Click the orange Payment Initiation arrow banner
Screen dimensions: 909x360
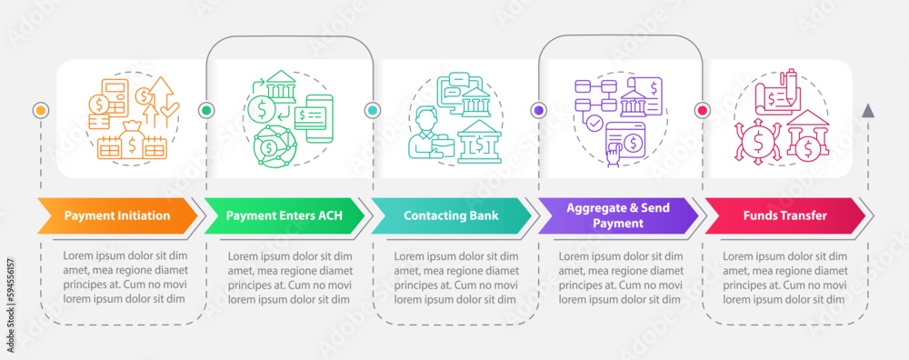tap(117, 215)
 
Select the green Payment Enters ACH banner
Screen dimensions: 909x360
tap(284, 215)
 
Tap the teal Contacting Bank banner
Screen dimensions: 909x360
tap(451, 215)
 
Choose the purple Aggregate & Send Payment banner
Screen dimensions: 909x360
tap(617, 215)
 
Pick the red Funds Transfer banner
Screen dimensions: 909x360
tap(784, 215)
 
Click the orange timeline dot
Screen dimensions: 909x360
tap(41, 110)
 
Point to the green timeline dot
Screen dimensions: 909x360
tap(205, 110)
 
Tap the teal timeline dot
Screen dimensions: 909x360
tap(372, 110)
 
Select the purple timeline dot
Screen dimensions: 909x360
tap(538, 110)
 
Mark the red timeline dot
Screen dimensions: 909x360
tap(703, 110)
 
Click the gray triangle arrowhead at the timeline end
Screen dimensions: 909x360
tap(868, 111)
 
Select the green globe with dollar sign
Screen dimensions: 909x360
tap(268, 147)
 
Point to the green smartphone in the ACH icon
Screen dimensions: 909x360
tap(314, 126)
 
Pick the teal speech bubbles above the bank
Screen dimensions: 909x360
tap(455, 85)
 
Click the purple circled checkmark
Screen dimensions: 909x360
tap(594, 123)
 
